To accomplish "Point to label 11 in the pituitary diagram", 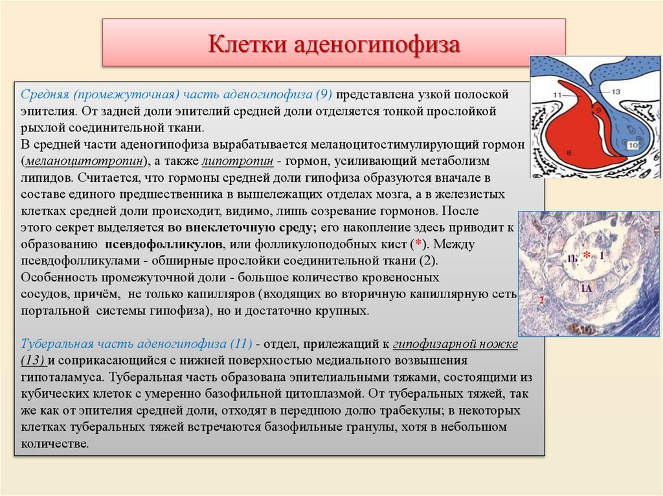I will (559, 95).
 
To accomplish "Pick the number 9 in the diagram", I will (598, 111).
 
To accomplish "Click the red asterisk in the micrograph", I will (587, 254).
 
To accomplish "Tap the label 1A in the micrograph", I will (585, 288).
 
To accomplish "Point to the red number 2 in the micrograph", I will (541, 301).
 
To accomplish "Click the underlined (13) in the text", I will (34, 360).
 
